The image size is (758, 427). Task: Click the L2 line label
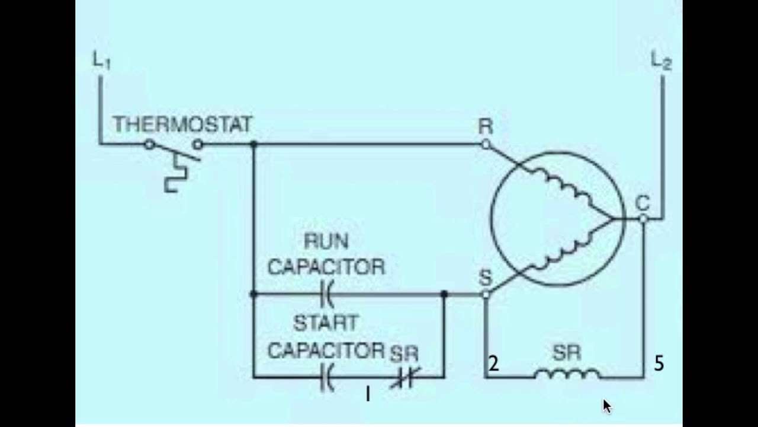tap(661, 61)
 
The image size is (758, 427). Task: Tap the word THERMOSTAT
tap(182, 125)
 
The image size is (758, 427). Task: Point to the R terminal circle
tap(485, 144)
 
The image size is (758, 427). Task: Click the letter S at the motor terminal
tap(485, 277)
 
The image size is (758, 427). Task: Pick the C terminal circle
tap(644, 219)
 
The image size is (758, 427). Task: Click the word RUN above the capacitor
tap(326, 242)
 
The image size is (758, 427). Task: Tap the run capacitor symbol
tap(326, 293)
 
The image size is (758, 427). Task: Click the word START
tap(326, 324)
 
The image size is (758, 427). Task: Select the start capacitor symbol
tap(326, 377)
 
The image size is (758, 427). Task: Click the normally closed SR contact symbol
tap(405, 377)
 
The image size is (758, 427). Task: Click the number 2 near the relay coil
tap(493, 364)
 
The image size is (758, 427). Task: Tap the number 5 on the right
tap(659, 364)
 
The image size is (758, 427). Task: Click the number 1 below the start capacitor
tap(368, 394)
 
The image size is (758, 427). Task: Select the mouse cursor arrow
tap(606, 406)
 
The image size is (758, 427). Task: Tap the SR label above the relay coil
tap(567, 353)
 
